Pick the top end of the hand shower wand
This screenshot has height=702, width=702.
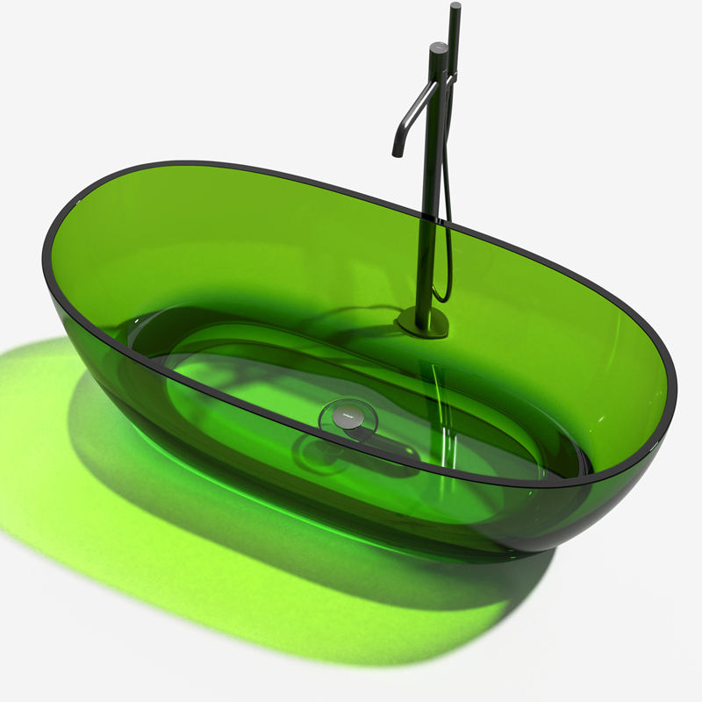coord(455,7)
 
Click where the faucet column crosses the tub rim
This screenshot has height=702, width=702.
coord(431,217)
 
